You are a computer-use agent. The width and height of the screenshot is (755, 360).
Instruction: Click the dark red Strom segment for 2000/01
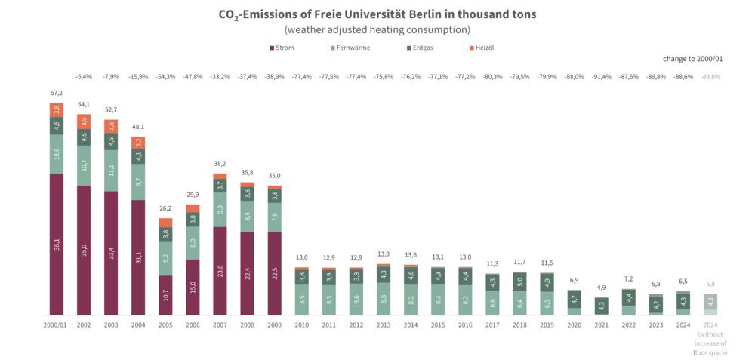click(x=57, y=244)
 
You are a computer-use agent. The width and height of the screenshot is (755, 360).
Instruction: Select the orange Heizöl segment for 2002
click(x=84, y=122)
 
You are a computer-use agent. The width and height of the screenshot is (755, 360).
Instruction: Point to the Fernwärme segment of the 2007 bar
click(x=220, y=209)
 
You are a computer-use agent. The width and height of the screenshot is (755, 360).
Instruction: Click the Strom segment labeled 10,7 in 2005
click(x=165, y=295)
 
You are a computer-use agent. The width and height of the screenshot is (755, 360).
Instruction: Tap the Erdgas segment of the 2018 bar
click(x=519, y=282)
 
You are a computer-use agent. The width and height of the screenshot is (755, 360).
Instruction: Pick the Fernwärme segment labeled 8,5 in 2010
click(x=301, y=299)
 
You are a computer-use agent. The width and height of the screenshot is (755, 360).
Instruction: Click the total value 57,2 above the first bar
click(x=57, y=93)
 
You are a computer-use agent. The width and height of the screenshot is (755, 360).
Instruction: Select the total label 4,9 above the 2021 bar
click(x=600, y=287)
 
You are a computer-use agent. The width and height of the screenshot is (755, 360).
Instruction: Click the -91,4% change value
click(x=600, y=76)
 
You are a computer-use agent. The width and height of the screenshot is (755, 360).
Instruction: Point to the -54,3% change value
click(x=165, y=76)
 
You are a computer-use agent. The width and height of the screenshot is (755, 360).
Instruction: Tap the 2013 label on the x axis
click(x=383, y=325)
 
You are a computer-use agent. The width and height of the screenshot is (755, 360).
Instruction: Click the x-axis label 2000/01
click(x=57, y=325)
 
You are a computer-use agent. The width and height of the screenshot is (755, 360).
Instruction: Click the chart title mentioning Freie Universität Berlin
click(x=377, y=14)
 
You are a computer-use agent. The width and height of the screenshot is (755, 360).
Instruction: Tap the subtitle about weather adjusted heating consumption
click(x=377, y=29)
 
